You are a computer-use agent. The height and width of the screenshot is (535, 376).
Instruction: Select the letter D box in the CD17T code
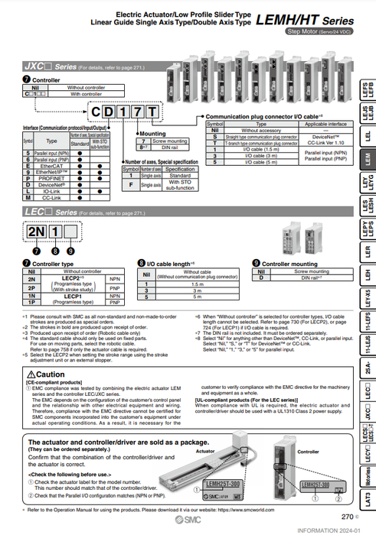113,113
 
